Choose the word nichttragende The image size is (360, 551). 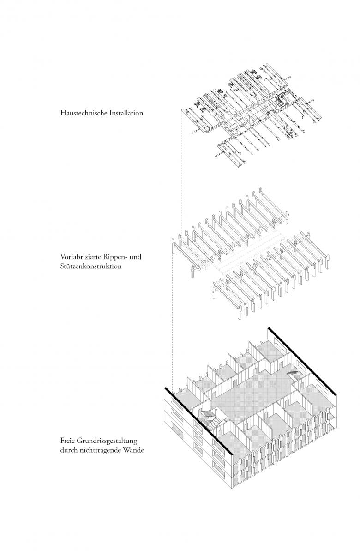[x=99, y=448]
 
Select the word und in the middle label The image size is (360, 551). [x=135, y=257]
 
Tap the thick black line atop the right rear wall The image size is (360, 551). [x=302, y=361]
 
